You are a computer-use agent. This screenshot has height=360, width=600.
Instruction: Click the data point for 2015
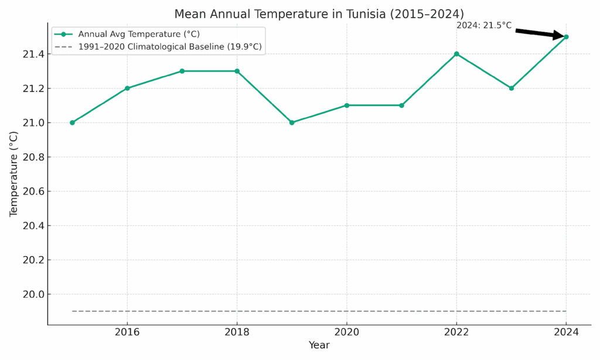pos(72,123)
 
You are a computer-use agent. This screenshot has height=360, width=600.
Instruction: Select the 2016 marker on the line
pos(127,88)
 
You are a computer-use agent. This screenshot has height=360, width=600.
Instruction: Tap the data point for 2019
pos(292,123)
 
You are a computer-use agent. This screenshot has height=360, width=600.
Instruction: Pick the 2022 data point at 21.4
pos(456,54)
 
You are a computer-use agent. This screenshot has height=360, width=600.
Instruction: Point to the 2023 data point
pos(511,88)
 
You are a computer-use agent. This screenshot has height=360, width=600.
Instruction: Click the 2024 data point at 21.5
pos(566,37)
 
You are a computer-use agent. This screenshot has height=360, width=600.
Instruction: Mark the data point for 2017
pos(182,71)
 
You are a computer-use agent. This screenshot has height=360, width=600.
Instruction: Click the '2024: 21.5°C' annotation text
pos(483,25)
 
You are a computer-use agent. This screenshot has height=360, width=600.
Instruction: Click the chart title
pos(319,13)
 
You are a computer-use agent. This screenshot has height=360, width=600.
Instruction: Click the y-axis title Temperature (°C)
pos(14,174)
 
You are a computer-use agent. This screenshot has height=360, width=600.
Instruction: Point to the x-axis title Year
pos(319,345)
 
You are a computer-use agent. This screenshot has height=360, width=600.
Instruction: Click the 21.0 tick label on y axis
pos(30,123)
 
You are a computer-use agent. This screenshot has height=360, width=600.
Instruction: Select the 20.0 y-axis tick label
pos(30,294)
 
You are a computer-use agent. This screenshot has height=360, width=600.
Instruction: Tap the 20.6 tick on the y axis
pos(30,191)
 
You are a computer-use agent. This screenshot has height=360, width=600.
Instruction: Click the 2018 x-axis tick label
pos(237,332)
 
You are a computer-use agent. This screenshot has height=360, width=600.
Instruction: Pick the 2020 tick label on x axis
pos(346,332)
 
